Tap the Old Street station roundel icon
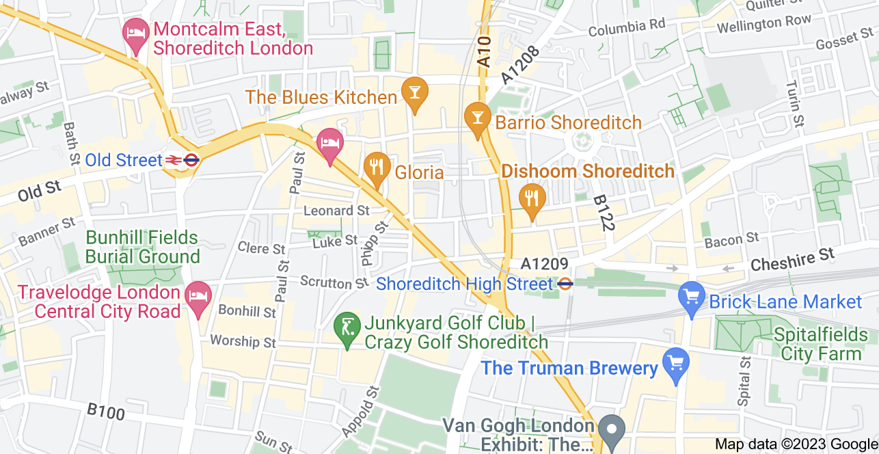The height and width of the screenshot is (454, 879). [191, 161]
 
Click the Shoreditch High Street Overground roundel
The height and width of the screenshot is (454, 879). [565, 283]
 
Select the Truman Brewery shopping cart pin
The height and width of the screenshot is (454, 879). [676, 362]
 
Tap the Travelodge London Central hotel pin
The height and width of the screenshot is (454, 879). [199, 297]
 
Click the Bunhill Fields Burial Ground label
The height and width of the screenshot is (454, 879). [142, 248]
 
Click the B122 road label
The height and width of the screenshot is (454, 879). [602, 213]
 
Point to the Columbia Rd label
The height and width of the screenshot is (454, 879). [627, 28]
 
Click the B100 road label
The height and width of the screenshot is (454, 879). [106, 412]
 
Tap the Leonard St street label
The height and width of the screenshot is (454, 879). [336, 211]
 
